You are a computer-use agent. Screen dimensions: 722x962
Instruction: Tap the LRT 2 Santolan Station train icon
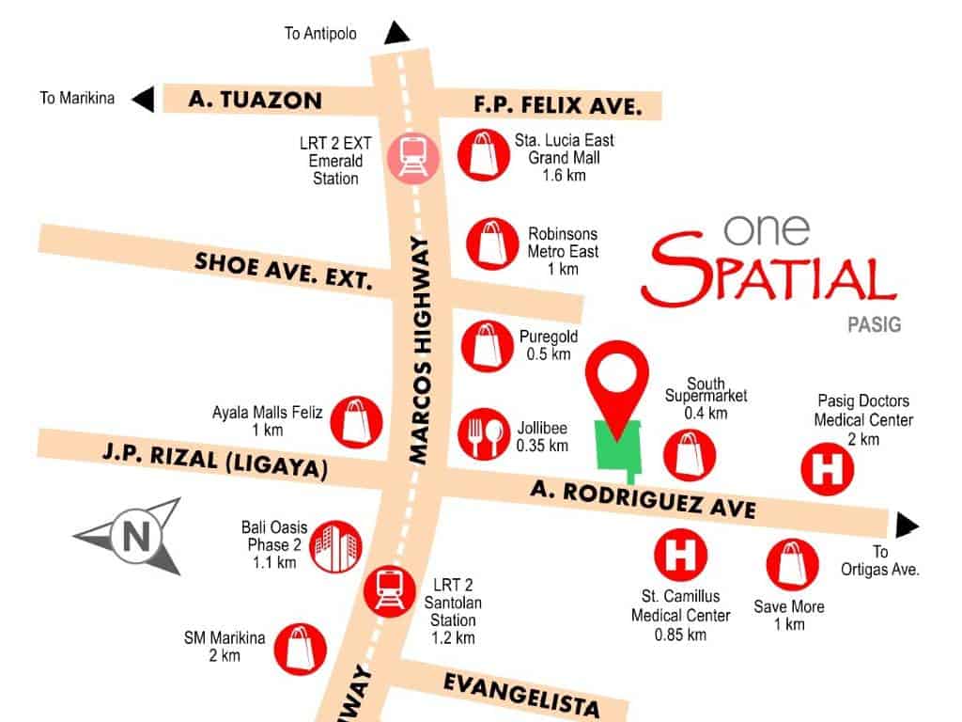(x=387, y=589)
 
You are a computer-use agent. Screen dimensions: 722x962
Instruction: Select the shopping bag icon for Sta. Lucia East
(x=483, y=154)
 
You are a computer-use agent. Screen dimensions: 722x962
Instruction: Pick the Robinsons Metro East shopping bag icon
(x=490, y=243)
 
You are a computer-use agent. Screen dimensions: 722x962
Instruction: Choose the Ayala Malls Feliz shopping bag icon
(x=357, y=421)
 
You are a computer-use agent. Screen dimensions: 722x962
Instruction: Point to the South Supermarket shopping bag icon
(x=689, y=455)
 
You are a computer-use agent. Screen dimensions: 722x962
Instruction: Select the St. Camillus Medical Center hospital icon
(x=680, y=556)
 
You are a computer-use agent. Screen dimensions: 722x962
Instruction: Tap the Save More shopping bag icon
(x=792, y=564)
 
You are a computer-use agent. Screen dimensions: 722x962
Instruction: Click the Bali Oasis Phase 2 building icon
(x=334, y=546)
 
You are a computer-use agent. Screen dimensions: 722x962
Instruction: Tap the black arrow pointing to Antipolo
(x=397, y=34)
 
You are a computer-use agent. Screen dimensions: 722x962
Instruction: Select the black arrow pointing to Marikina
(x=143, y=98)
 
